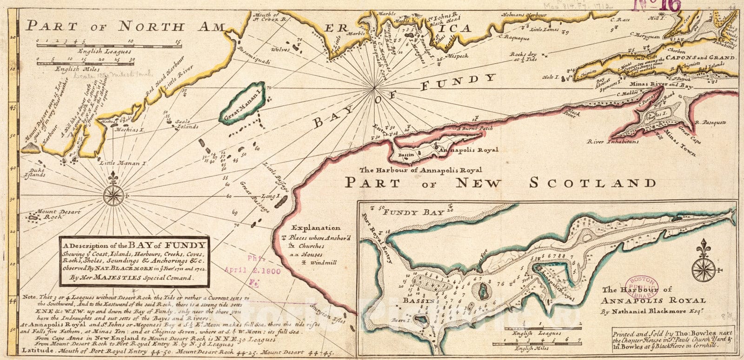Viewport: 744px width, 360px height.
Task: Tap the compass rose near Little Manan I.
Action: pyautogui.click(x=113, y=195)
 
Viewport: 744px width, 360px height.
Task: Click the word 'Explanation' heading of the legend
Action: pyautogui.click(x=316, y=228)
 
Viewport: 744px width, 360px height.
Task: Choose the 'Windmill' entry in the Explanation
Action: pyautogui.click(x=324, y=262)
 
